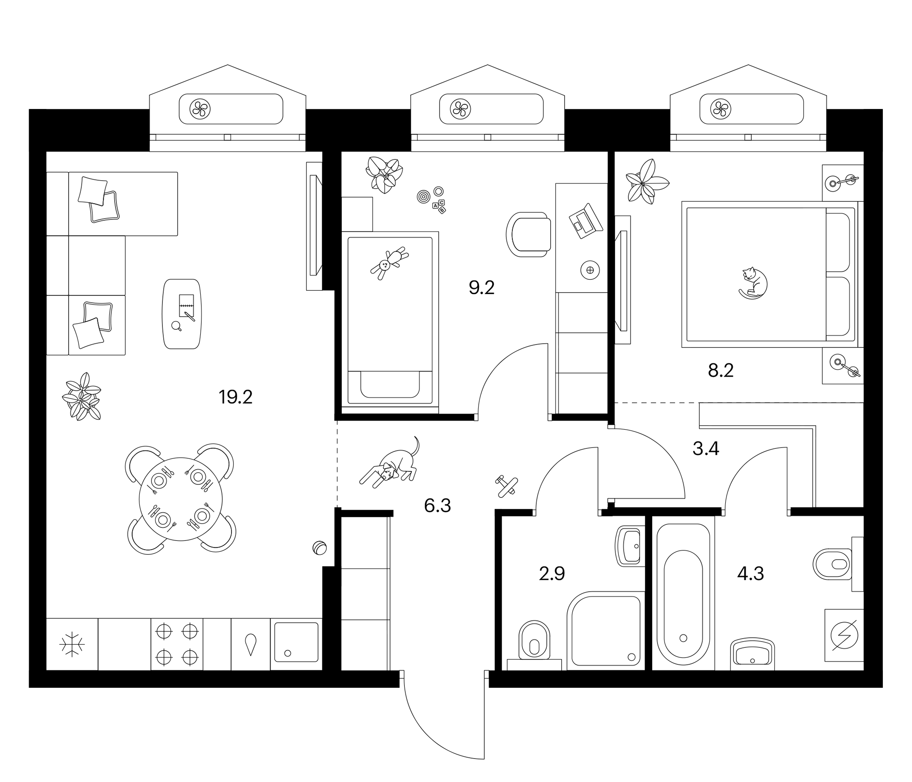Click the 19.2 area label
(235, 398)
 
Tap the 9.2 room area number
(482, 288)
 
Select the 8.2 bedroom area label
(720, 371)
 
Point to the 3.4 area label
(706, 449)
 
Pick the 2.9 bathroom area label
(552, 574)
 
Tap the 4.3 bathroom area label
(750, 574)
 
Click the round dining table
(181, 499)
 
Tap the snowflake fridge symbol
(72, 645)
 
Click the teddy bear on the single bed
(389, 263)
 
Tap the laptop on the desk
(585, 221)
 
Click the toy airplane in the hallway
(506, 486)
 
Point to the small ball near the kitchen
(320, 548)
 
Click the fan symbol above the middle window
(460, 108)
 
